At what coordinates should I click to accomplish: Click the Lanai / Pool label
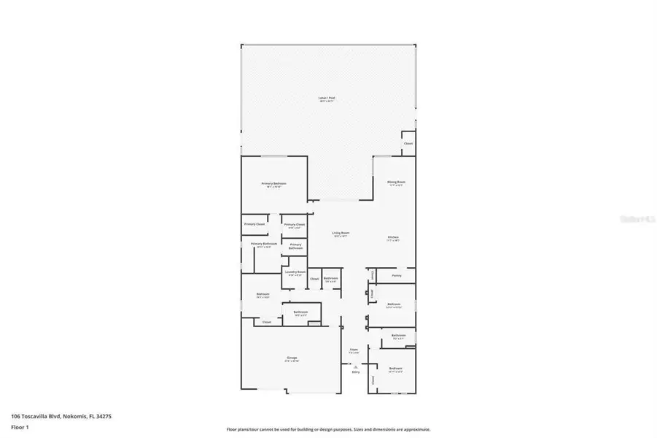[327, 99]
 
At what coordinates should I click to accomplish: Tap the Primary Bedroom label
[274, 184]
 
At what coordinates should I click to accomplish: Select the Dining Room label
[396, 182]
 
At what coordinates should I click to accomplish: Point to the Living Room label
[341, 234]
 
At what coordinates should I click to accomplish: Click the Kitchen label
[393, 239]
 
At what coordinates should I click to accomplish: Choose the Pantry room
[397, 275]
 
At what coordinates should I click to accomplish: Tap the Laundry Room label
[295, 273]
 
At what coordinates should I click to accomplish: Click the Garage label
[292, 358]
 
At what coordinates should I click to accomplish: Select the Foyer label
[353, 350]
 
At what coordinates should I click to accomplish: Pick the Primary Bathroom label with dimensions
[261, 245]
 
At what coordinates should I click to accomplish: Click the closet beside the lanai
[408, 143]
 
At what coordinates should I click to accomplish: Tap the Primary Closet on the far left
[254, 224]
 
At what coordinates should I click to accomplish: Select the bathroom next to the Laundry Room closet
[331, 279]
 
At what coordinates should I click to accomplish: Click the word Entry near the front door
[356, 372]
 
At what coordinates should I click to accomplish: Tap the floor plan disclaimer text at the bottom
[328, 429]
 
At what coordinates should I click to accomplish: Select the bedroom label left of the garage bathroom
[263, 295]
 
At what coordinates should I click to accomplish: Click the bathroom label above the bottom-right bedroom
[398, 336]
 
